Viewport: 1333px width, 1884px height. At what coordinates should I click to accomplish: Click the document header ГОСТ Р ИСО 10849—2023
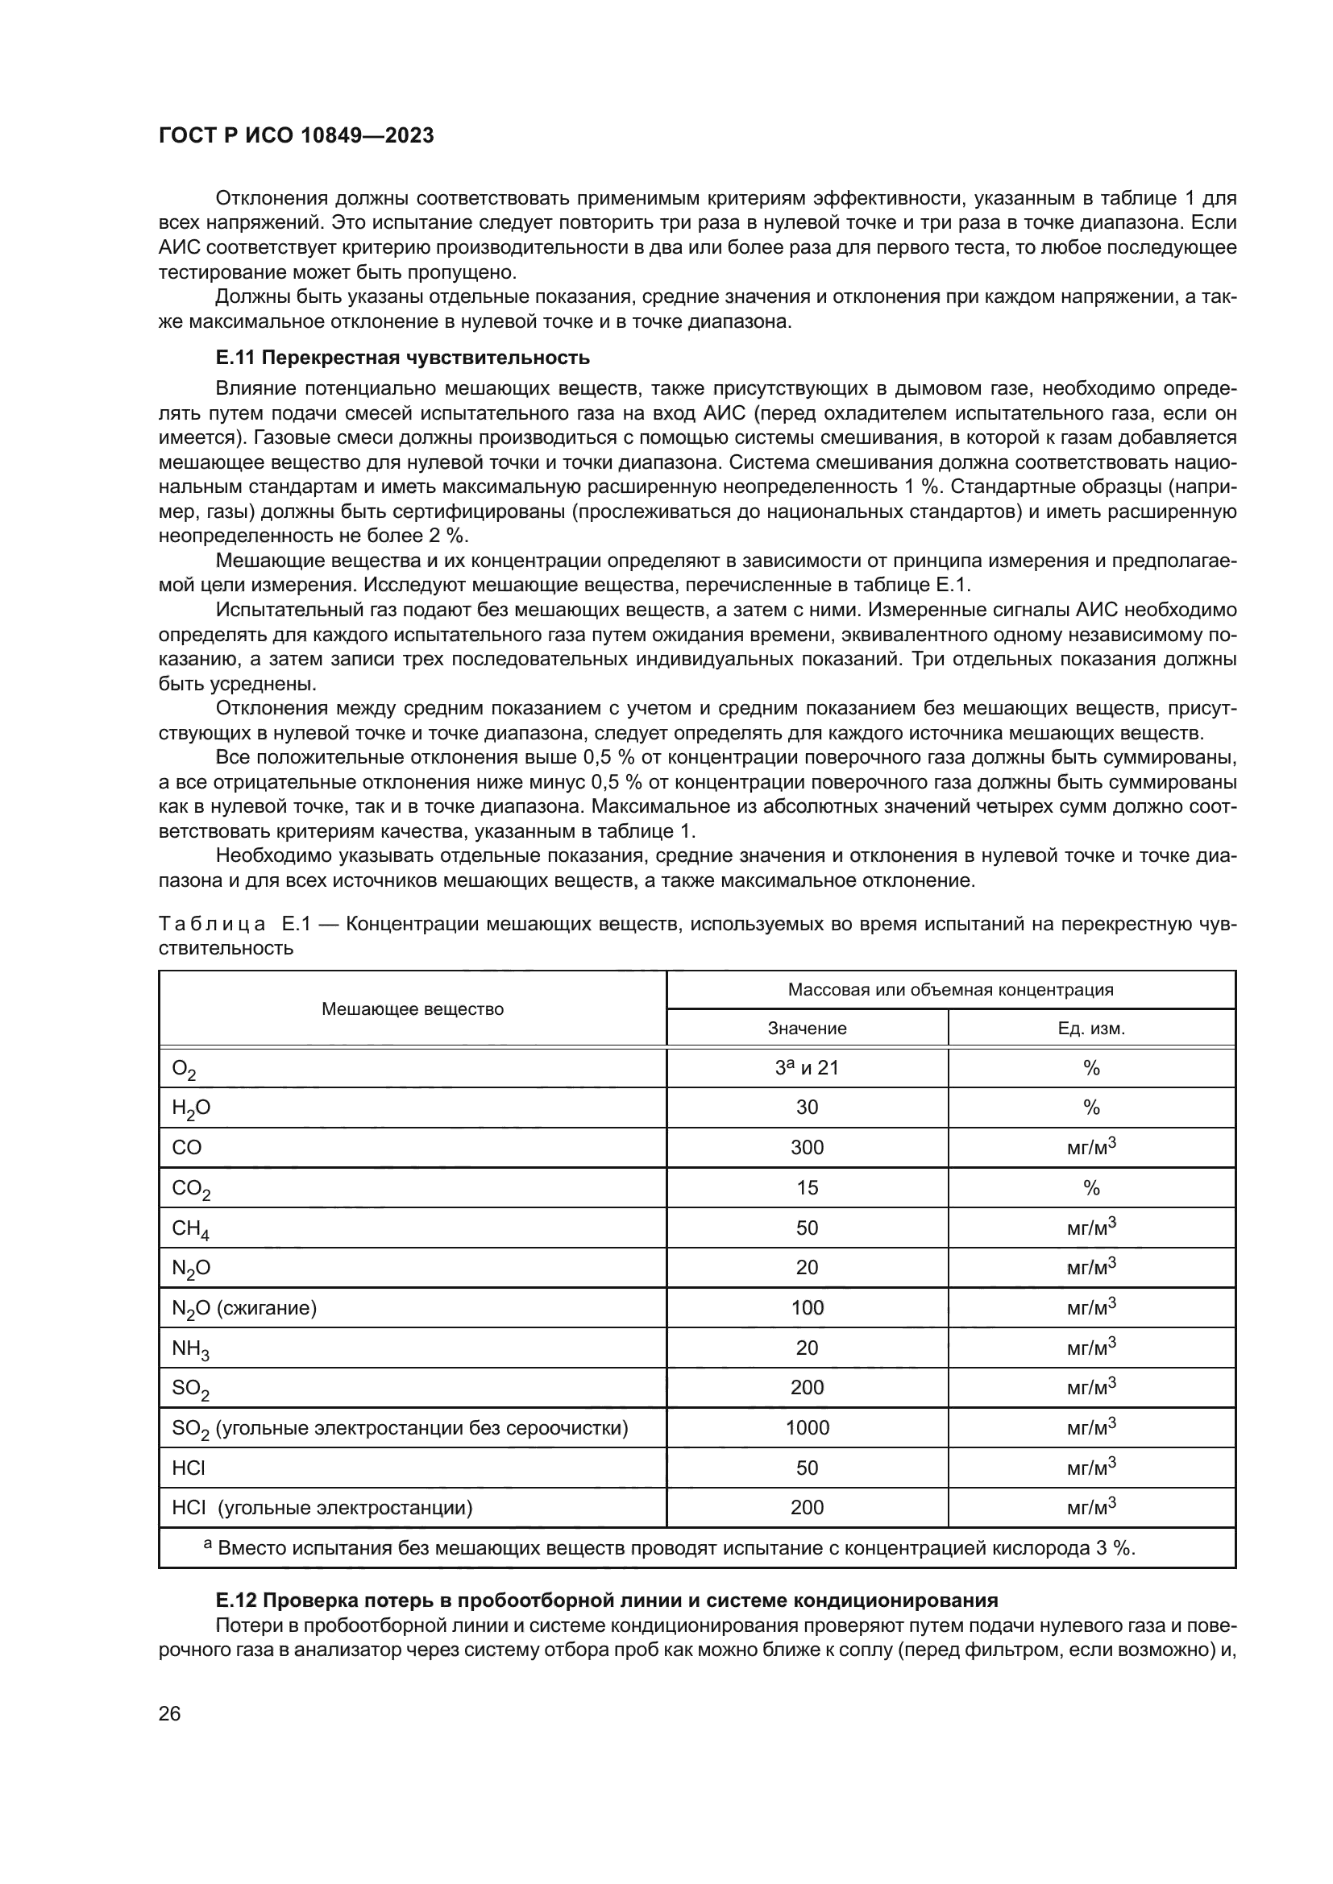[x=297, y=136]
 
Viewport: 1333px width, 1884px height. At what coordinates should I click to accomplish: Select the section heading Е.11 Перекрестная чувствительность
[x=402, y=358]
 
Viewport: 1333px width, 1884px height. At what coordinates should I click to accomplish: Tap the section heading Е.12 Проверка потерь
[x=607, y=1600]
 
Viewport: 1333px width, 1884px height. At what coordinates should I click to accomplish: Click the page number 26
[x=169, y=1713]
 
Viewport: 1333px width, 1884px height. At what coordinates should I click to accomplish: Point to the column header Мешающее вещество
[x=412, y=1008]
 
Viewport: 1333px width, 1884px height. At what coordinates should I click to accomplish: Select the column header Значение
[x=807, y=1028]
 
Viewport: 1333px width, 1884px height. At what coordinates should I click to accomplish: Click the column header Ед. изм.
[x=1091, y=1028]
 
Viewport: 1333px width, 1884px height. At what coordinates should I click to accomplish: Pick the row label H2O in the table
[x=190, y=1108]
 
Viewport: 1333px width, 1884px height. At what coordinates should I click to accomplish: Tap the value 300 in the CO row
[x=807, y=1147]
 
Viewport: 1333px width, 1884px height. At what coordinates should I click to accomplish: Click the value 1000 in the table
[x=807, y=1428]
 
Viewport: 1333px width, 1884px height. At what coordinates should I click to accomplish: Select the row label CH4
[x=190, y=1228]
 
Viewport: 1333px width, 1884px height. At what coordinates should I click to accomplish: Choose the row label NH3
[x=190, y=1348]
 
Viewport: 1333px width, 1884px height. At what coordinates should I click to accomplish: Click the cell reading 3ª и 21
[x=807, y=1067]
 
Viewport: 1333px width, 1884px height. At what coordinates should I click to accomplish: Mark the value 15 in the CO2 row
[x=807, y=1187]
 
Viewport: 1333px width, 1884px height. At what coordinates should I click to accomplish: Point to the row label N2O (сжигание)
[x=243, y=1308]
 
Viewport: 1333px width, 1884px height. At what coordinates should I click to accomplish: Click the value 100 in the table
[x=807, y=1307]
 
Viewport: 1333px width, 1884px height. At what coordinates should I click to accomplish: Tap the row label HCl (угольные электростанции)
[x=322, y=1507]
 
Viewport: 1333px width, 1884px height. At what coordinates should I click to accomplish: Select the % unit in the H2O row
[x=1091, y=1108]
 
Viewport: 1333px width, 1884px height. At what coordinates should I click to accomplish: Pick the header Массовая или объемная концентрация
[x=950, y=990]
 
